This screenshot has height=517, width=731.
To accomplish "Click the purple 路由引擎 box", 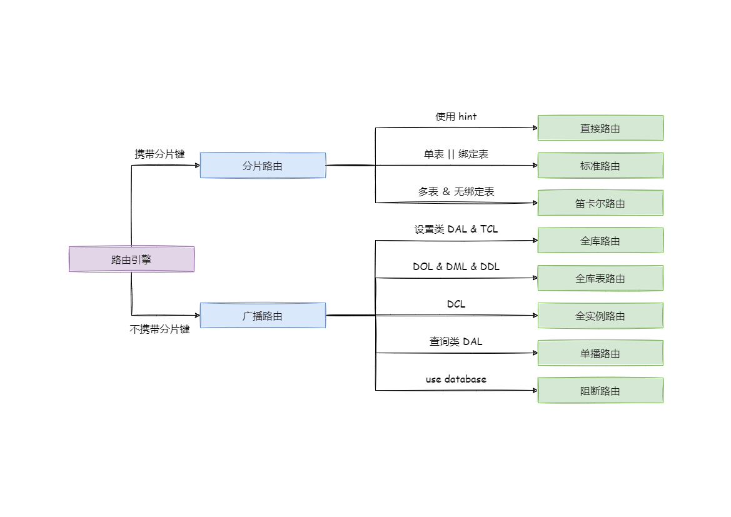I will [131, 259].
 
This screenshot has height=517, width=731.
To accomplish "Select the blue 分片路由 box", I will [263, 166].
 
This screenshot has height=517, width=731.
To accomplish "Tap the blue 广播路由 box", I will [263, 316].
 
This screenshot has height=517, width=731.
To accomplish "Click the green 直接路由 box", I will [600, 128].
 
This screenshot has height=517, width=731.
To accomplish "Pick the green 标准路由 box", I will [600, 166].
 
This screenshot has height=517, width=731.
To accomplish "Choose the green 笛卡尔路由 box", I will [600, 203].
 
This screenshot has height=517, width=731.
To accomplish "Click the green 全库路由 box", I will [600, 241].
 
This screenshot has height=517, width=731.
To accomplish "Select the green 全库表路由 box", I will [600, 278].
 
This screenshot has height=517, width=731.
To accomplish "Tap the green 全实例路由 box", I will [600, 316].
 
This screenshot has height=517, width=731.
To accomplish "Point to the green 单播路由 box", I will [600, 353].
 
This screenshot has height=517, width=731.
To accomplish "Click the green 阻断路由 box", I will [600, 391].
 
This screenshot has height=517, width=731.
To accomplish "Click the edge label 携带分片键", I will [160, 154].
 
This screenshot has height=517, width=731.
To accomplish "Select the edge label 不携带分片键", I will [159, 329].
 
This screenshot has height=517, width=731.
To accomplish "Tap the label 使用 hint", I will [456, 116].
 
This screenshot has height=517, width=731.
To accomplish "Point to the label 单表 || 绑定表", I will [456, 154].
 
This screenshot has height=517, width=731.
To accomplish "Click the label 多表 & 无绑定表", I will [456, 191].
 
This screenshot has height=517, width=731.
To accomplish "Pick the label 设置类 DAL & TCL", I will [456, 229].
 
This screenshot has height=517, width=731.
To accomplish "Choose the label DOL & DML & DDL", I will [456, 266].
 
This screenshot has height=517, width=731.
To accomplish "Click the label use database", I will [456, 379].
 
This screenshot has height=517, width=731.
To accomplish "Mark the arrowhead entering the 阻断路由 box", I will [535, 391].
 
